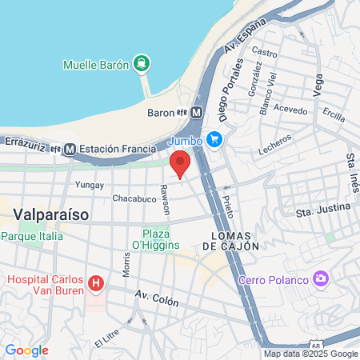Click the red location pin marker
tap(180, 162)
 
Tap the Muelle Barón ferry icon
tap(142, 63)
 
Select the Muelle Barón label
tap(96, 65)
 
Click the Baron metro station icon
tap(197, 113)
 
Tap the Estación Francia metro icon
tap(70, 149)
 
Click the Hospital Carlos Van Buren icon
tap(96, 283)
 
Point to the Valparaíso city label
tap(50, 215)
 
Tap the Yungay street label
tap(89, 185)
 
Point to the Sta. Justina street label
tap(323, 210)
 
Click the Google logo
tap(26, 350)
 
